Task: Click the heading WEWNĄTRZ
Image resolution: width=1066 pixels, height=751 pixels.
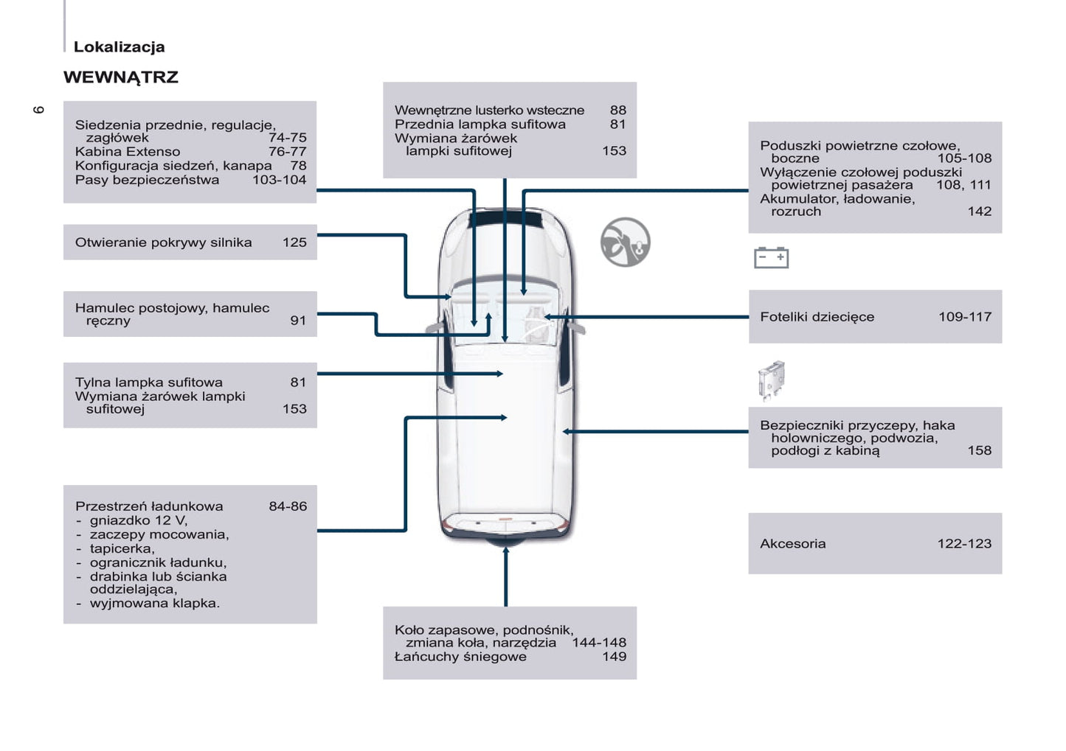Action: coord(121,77)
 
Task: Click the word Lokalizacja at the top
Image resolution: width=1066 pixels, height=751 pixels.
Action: coord(119,47)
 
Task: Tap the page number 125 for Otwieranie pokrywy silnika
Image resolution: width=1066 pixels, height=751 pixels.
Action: coord(294,242)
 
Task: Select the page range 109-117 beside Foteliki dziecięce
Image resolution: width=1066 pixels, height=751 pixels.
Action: coord(964,317)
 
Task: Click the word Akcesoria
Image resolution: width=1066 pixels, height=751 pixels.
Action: coord(792,544)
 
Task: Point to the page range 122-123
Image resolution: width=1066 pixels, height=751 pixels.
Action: coord(963,544)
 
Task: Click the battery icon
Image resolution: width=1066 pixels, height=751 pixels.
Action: coord(771,257)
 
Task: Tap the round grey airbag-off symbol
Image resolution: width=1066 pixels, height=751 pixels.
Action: coord(625,242)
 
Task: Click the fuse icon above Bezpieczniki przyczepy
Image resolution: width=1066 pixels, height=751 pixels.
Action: coord(771,380)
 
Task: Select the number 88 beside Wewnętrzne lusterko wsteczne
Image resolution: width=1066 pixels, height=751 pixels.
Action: coord(617,111)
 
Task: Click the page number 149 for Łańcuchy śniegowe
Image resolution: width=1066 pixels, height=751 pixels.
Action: coord(614,657)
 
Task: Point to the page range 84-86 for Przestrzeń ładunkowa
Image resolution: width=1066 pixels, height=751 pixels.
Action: coord(288,506)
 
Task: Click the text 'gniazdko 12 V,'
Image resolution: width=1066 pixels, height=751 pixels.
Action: coord(138,520)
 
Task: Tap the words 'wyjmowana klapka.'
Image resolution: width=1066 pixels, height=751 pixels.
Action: coord(154,604)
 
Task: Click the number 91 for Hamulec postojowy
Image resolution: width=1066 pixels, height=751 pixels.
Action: coord(298,321)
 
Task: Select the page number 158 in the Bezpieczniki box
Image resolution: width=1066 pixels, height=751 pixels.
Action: coord(979,450)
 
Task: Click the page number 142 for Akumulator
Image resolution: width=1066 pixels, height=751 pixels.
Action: coord(979,212)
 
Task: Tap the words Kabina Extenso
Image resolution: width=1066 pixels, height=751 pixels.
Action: coord(128,152)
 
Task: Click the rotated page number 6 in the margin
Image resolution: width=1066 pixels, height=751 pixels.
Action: coord(39,110)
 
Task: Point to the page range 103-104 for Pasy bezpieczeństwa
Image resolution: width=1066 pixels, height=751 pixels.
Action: coord(279,180)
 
